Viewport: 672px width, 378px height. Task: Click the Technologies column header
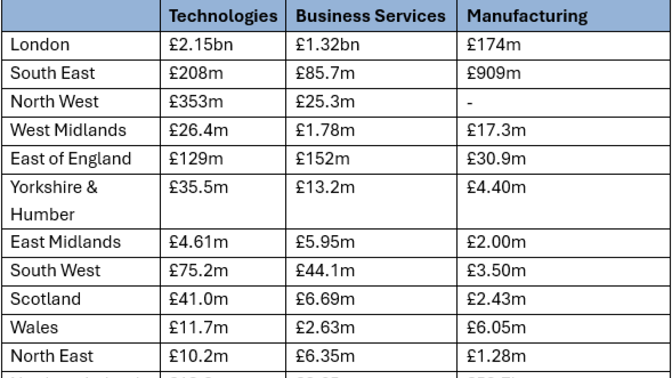click(x=223, y=16)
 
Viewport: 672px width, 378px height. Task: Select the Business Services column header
click(x=370, y=16)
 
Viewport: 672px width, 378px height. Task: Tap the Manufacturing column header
click(x=527, y=16)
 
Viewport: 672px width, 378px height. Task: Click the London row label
click(x=40, y=45)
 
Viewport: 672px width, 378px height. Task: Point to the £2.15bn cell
click(x=201, y=45)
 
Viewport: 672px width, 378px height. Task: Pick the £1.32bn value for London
click(x=328, y=45)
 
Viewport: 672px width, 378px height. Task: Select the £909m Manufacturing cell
click(x=493, y=73)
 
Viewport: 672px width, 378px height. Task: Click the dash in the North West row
click(x=470, y=102)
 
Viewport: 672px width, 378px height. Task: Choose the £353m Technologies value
click(x=196, y=102)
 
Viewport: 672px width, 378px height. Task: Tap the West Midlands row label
click(x=68, y=130)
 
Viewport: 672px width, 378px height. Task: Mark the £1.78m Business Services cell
click(x=325, y=130)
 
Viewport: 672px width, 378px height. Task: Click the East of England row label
click(x=71, y=159)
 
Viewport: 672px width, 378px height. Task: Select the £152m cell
click(x=323, y=159)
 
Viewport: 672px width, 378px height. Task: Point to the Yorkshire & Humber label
click(x=54, y=200)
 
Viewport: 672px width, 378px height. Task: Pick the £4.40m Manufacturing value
click(x=496, y=187)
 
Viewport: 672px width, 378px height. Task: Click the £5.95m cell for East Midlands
click(x=325, y=242)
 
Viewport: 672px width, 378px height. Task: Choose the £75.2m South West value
click(x=198, y=270)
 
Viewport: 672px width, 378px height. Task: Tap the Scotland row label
click(x=45, y=299)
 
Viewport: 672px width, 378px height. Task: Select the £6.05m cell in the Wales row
click(x=496, y=328)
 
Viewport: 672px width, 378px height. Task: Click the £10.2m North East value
click(x=198, y=356)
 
